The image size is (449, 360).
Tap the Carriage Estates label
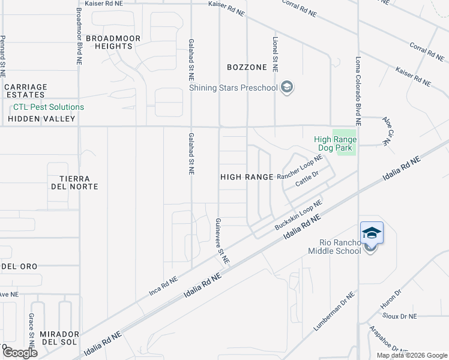[x=25, y=91]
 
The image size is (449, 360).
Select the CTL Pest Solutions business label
[x=49, y=107]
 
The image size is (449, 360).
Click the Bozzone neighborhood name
[x=247, y=67]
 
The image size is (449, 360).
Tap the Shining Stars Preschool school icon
[x=287, y=88]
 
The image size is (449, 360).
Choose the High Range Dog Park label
[x=336, y=144]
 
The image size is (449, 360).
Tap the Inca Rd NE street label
[x=164, y=287]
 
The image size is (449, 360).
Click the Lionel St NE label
[x=275, y=54]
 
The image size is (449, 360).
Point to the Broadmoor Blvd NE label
[x=79, y=36]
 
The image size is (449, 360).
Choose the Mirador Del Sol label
[x=59, y=338]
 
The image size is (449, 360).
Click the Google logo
[x=20, y=352]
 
